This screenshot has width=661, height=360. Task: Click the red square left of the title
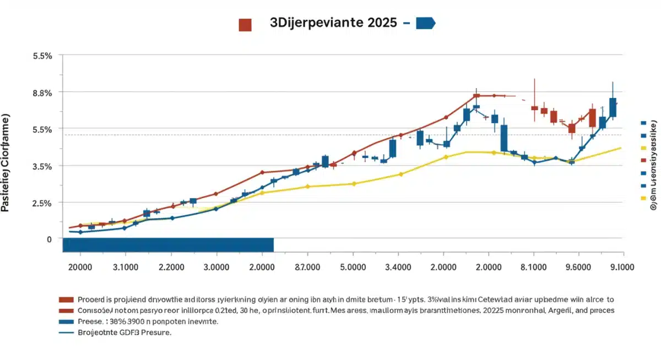(x=245, y=24)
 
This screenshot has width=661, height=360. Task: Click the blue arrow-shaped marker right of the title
(x=426, y=23)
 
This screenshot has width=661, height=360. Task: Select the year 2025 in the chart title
(x=379, y=24)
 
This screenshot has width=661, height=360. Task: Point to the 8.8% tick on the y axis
(x=42, y=92)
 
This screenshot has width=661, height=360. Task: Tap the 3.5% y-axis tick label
(x=42, y=166)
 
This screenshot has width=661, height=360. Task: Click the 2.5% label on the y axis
(x=42, y=203)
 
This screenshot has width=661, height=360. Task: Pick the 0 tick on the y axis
(x=49, y=239)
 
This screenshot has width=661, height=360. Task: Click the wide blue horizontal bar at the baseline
(x=168, y=244)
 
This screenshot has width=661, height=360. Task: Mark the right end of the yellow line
(x=621, y=148)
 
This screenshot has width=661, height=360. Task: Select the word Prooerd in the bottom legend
(x=94, y=299)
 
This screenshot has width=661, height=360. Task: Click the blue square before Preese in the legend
(x=66, y=321)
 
